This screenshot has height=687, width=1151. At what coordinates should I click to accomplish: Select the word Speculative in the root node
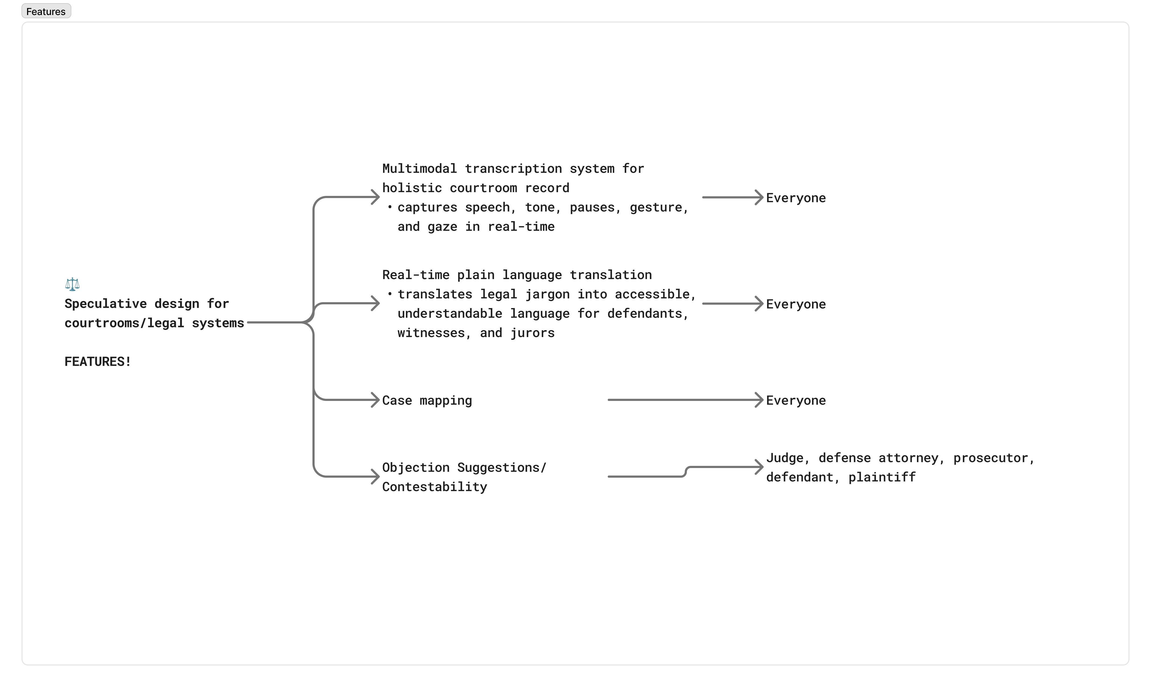105,304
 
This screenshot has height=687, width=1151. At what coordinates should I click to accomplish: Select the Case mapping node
427,400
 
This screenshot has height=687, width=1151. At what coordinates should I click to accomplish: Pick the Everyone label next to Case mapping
795,400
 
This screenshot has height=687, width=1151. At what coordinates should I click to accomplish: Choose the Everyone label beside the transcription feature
795,198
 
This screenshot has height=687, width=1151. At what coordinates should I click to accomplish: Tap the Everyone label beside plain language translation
795,304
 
